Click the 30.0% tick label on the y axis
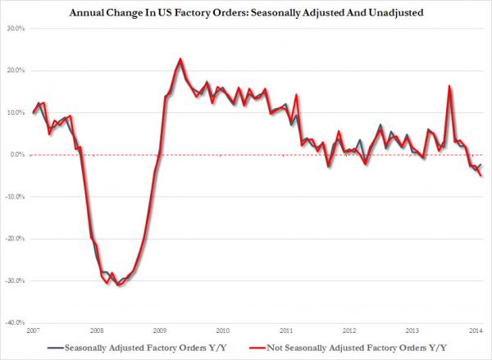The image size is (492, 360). (16, 29)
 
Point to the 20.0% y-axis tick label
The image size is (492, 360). (16, 71)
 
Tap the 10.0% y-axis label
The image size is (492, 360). (16, 113)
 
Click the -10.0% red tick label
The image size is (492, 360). (15, 197)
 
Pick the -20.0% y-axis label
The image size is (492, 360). (15, 239)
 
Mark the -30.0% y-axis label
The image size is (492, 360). (15, 281)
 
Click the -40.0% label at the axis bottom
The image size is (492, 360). (15, 323)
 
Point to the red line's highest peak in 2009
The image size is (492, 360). (180, 59)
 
